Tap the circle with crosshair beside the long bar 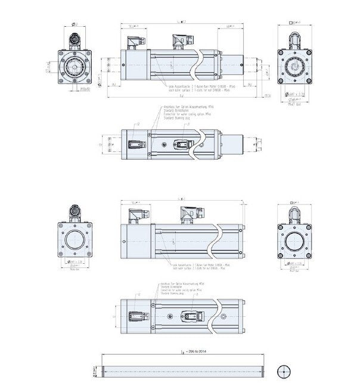tap(284, 370)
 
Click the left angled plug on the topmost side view tap(135, 42)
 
